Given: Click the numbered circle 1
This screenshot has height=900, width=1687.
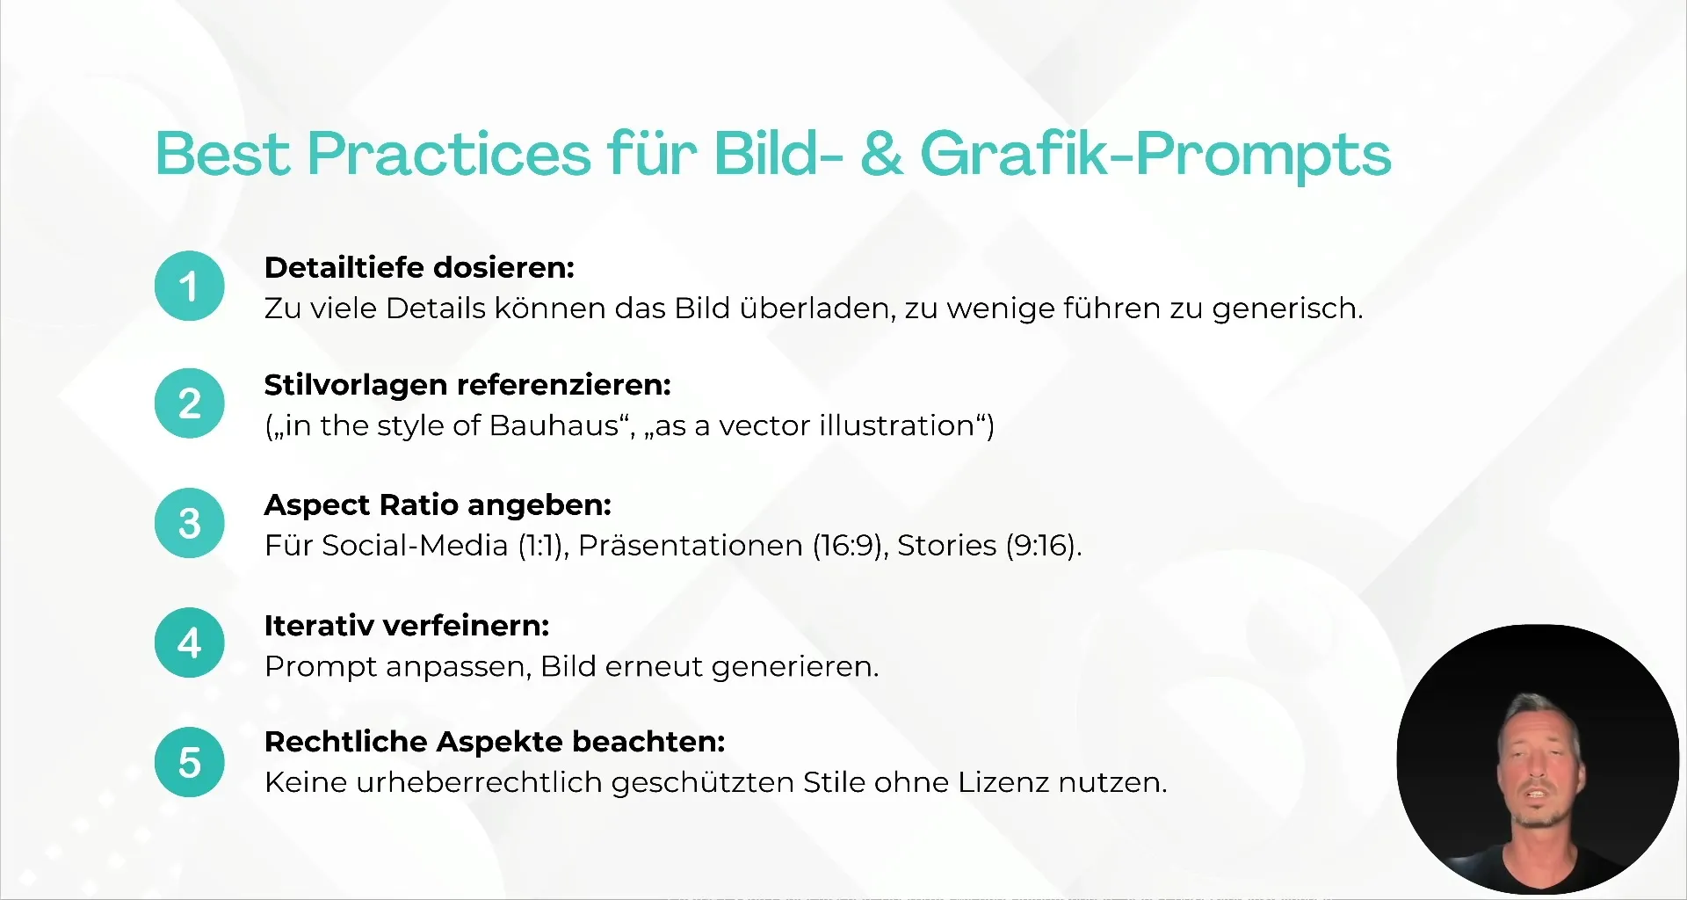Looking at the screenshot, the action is point(190,287).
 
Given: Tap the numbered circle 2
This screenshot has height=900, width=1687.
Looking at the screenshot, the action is point(190,403).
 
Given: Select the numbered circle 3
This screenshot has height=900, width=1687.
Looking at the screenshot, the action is point(190,523).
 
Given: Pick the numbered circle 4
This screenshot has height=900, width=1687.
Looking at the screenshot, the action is point(190,642).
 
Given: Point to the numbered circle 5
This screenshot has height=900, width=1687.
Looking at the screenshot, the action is point(190,762).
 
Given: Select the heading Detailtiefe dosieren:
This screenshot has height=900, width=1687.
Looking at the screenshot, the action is point(419,267).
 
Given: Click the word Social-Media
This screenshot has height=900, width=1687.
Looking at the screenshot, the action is point(415,546).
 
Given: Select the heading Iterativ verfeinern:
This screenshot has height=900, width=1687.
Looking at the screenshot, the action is point(407,626).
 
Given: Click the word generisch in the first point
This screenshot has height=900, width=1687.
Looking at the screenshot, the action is point(1288,308).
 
